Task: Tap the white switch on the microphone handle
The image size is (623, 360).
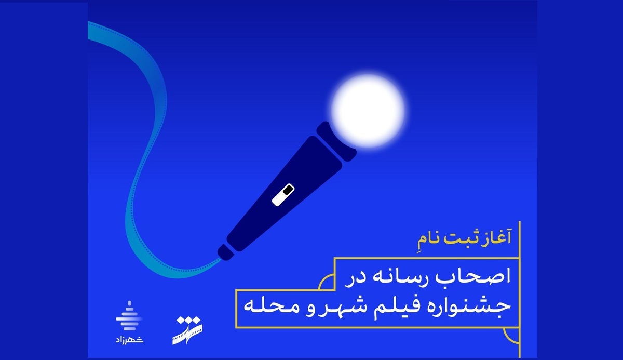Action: (x=282, y=193)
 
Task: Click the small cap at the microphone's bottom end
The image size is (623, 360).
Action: (x=225, y=251)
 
